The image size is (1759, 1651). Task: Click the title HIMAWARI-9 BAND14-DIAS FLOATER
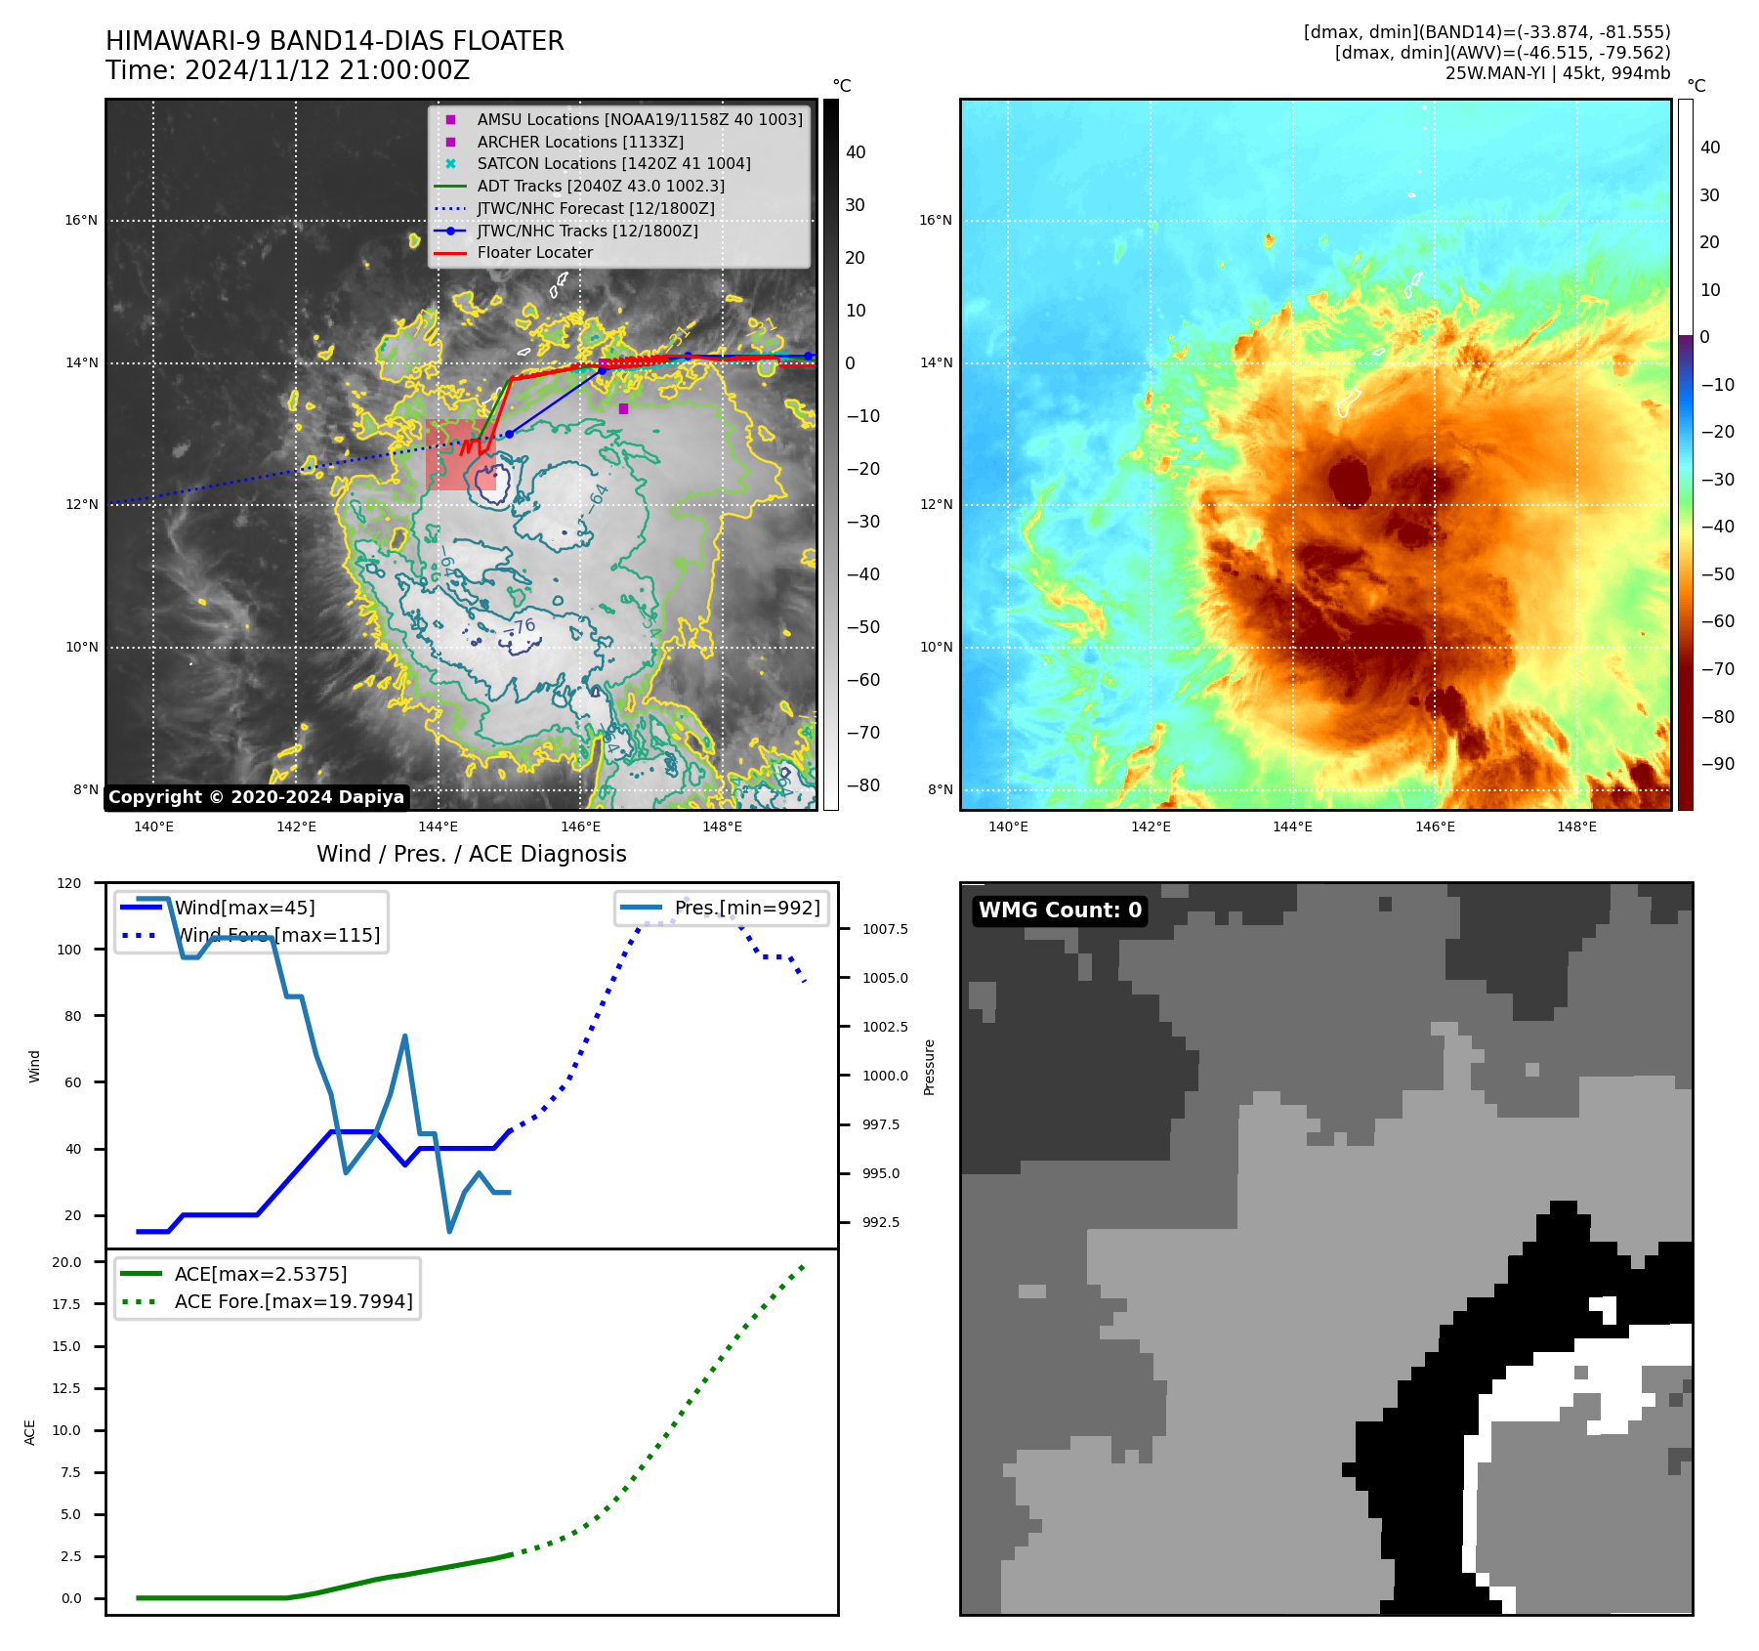[x=334, y=41]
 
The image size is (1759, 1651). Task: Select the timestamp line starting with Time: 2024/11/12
[x=287, y=70]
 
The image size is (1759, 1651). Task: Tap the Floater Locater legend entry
[x=534, y=252]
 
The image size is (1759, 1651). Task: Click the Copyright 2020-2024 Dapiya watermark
[x=256, y=797]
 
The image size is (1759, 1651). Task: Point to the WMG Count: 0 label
[x=1060, y=910]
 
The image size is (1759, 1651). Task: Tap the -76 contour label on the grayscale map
[x=524, y=626]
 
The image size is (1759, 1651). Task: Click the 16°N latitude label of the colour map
[x=935, y=220]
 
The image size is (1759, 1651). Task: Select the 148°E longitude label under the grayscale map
[x=722, y=826]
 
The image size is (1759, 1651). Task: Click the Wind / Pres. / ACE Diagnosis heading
[x=471, y=854]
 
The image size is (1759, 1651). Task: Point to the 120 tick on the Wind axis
[x=69, y=883]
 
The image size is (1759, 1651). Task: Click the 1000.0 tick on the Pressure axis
[x=885, y=1076]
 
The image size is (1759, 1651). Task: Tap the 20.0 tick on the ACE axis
[x=66, y=1262]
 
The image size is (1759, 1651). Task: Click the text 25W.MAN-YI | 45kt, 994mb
[x=1557, y=73]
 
